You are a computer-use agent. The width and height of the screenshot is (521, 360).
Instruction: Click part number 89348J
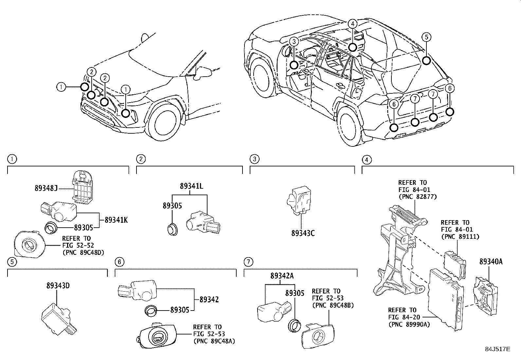pos(46,188)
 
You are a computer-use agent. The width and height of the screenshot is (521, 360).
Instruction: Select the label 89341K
pos(116,220)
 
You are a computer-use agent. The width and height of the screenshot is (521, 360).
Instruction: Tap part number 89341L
pos(191,186)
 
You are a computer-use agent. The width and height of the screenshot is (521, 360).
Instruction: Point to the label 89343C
pos(303,233)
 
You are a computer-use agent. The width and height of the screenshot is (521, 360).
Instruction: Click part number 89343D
pos(58,285)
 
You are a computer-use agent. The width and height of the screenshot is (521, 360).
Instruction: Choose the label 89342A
pos(282,276)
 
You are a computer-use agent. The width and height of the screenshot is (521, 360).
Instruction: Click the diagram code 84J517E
pos(497,349)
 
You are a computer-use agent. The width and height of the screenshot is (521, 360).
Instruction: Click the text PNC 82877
pos(417,197)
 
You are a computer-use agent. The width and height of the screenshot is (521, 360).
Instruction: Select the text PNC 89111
pos(460,236)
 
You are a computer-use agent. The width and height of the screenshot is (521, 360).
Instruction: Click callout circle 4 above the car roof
pos(352,24)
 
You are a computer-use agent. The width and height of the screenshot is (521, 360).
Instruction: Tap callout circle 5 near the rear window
pos(426,37)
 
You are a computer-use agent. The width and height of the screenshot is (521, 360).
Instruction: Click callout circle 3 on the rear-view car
pos(294,41)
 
